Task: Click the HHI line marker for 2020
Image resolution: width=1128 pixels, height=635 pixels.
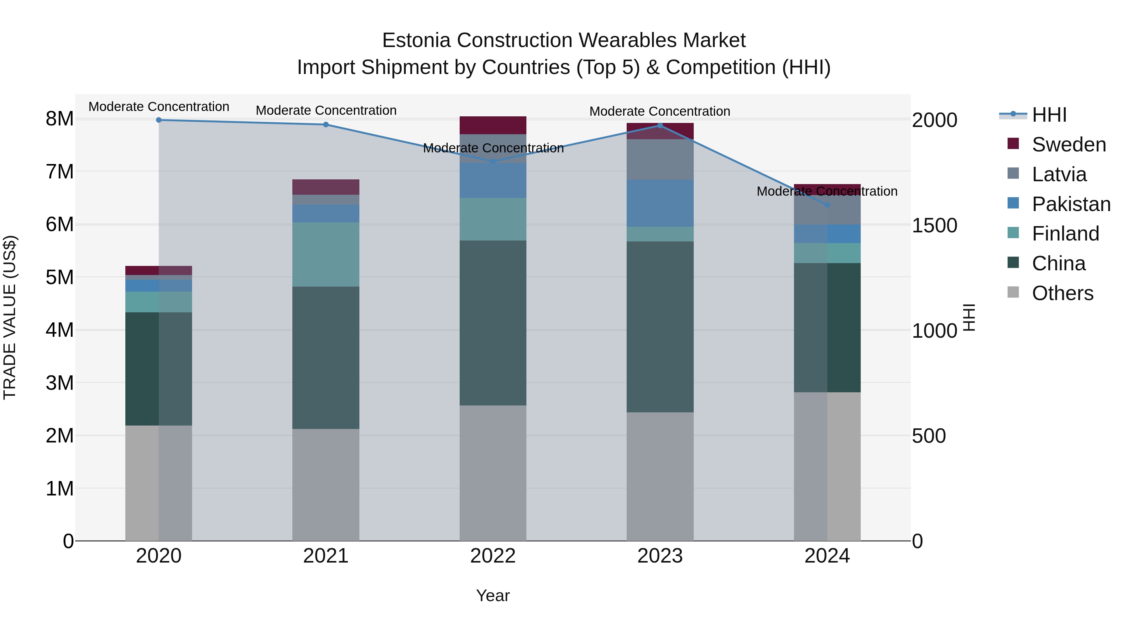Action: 159,120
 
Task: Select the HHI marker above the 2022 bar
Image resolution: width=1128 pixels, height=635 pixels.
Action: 493,162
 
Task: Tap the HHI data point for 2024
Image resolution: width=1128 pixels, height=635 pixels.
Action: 827,205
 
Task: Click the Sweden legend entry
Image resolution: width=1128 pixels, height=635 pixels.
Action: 1068,145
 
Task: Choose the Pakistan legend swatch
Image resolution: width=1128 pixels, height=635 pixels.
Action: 1013,203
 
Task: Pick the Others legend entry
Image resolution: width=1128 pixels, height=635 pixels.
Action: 1062,293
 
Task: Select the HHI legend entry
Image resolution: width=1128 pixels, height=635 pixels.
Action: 1049,115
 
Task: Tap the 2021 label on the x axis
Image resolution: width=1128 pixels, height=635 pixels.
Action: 326,556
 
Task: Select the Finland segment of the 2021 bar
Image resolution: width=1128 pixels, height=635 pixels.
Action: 326,254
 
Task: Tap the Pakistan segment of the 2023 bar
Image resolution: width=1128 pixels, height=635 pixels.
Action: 660,203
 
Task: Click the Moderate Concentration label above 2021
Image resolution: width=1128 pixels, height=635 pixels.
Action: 326,110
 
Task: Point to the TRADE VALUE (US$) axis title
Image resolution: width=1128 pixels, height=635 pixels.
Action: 10,317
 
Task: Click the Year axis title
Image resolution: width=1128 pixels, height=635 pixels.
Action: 493,595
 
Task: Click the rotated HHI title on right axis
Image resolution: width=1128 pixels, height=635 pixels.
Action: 969,317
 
